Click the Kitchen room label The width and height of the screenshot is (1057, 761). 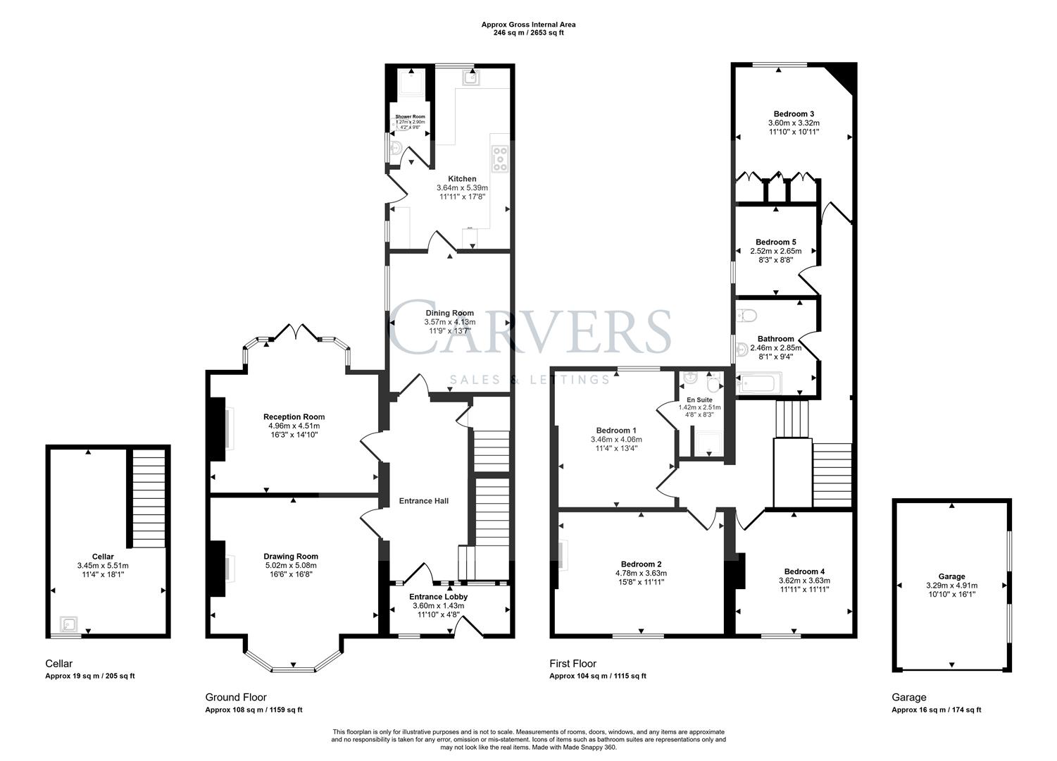pyautogui.click(x=462, y=179)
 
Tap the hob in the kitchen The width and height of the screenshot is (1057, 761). pyautogui.click(x=500, y=159)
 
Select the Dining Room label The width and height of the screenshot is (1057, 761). pyautogui.click(x=449, y=313)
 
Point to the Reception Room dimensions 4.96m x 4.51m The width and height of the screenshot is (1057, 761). pyautogui.click(x=294, y=426)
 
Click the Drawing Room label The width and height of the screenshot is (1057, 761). pyautogui.click(x=291, y=556)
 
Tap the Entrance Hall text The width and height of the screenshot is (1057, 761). pyautogui.click(x=423, y=501)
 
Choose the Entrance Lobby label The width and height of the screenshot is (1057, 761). pyautogui.click(x=438, y=597)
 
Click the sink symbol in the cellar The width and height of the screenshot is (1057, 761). pyautogui.click(x=69, y=624)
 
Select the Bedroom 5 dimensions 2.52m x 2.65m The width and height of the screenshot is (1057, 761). pyautogui.click(x=775, y=251)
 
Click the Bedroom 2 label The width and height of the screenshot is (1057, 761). pyautogui.click(x=641, y=564)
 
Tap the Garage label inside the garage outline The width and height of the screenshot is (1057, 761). pyautogui.click(x=951, y=576)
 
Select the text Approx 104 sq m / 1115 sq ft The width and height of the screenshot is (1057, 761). pyautogui.click(x=597, y=676)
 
